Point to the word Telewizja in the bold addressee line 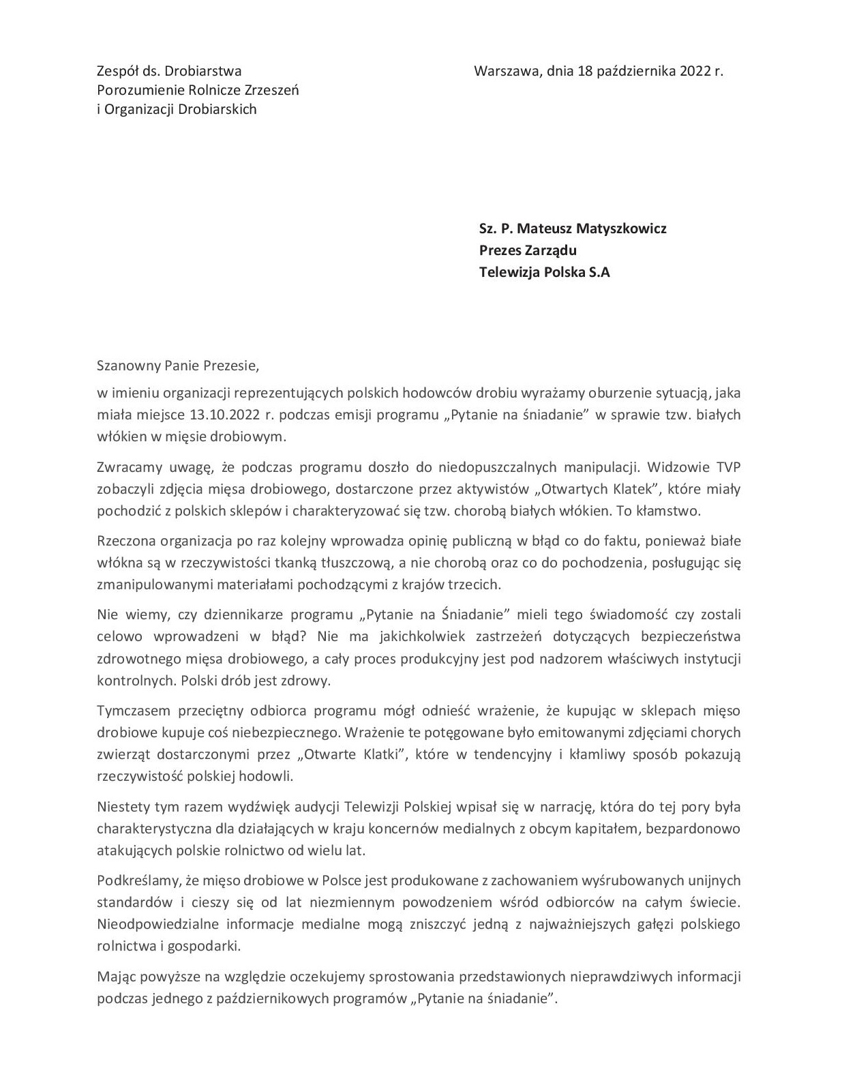(511, 272)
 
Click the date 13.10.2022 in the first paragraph (225, 415)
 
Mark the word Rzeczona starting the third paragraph (127, 541)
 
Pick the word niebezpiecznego (288, 732)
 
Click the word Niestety (123, 807)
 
